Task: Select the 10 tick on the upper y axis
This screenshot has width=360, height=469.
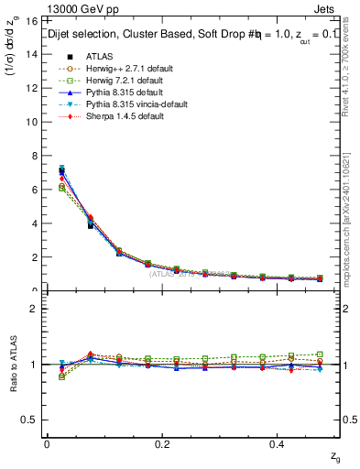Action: coord(34,121)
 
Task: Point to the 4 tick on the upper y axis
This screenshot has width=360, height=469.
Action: coord(37,223)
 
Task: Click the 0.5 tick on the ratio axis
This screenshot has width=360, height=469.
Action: coord(31,420)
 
